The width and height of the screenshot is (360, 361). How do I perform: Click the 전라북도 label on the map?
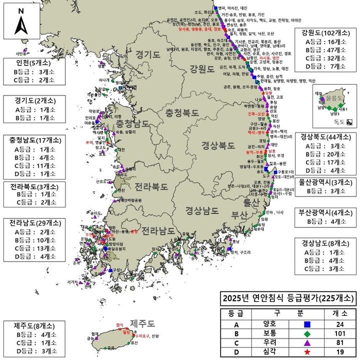152,186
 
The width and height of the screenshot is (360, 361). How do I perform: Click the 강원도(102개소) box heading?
325,33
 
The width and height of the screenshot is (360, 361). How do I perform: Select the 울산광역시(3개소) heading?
325,182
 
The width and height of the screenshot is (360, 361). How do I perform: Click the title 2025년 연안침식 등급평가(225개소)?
287,299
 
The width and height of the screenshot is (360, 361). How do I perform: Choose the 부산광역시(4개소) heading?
325,211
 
